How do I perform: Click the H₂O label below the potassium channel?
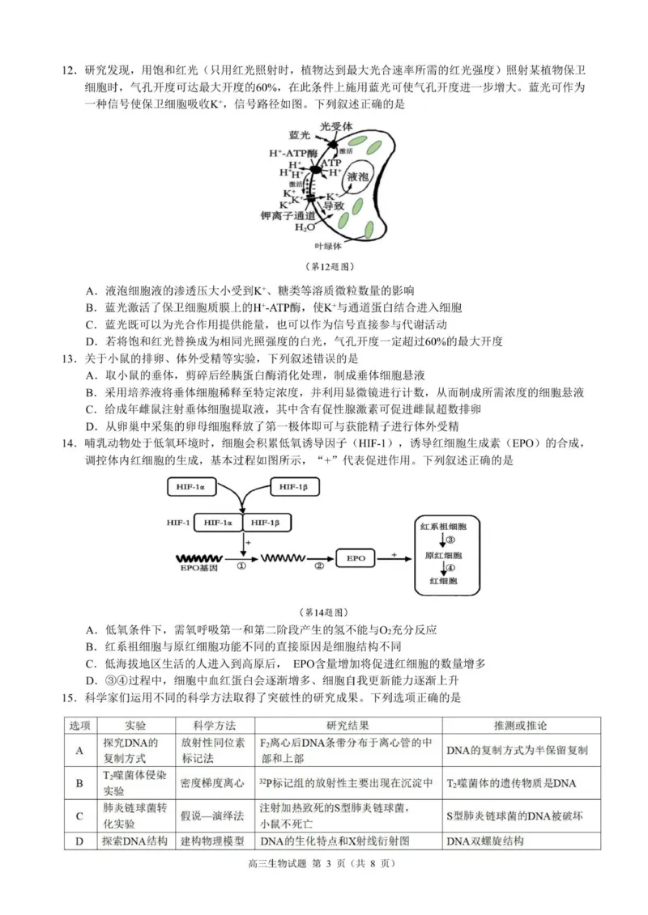[305, 227]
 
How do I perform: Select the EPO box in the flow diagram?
[356, 558]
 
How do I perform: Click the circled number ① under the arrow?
[241, 566]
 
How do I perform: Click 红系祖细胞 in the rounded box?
[444, 527]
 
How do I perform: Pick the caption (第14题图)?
[324, 612]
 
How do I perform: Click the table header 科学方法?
[215, 726]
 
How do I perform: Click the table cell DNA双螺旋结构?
[485, 841]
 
